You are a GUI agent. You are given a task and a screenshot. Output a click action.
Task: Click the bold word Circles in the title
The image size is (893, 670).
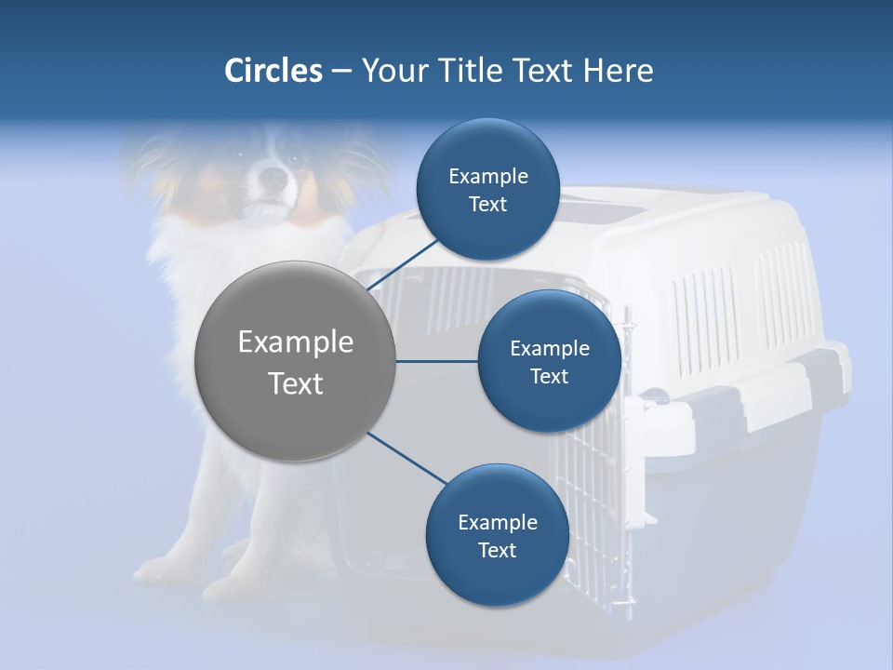273,71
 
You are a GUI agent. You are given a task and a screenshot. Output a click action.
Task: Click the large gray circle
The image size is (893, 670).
296,361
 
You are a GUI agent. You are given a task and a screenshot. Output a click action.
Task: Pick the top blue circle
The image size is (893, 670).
487,190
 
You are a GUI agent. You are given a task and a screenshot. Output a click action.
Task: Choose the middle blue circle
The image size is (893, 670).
549,361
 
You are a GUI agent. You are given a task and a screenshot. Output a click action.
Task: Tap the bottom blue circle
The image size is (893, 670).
497,536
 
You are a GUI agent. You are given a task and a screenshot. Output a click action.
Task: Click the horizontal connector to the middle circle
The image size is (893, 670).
436,361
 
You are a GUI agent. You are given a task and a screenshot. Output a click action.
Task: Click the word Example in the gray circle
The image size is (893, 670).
296,342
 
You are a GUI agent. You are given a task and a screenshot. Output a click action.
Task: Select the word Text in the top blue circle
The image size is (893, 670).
487,205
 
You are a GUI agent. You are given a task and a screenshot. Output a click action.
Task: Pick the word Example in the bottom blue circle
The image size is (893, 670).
497,522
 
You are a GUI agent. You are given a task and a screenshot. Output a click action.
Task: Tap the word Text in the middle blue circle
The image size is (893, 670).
549,376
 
